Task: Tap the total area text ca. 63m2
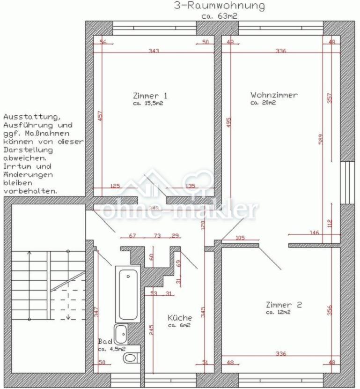(219, 15)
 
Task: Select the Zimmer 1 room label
(150, 96)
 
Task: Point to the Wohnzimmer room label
(274, 95)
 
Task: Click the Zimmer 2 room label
(284, 305)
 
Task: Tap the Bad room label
(105, 342)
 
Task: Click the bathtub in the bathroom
(128, 294)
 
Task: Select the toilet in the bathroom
(130, 359)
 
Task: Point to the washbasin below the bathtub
(121, 333)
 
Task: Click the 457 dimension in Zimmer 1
(100, 116)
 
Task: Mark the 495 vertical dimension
(228, 123)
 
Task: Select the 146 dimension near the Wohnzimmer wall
(315, 232)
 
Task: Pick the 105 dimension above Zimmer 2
(240, 238)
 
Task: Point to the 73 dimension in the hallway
(158, 235)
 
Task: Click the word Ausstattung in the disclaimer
(31, 116)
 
